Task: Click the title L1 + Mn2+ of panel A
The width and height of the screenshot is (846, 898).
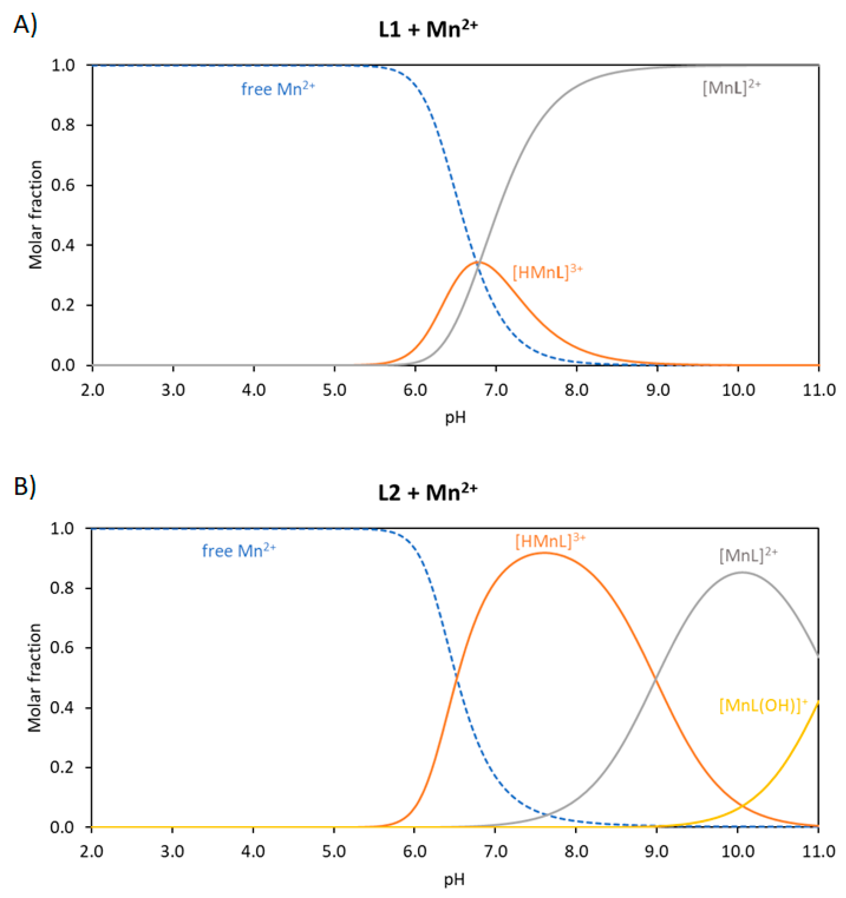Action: click(428, 30)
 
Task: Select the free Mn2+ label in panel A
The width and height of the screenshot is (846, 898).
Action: click(277, 89)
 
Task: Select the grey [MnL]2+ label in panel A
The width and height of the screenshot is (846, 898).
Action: click(731, 87)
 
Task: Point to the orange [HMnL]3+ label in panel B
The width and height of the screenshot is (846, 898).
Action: click(550, 541)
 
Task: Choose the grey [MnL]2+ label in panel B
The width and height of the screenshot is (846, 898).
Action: click(748, 555)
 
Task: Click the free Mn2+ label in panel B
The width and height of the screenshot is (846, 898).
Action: click(238, 551)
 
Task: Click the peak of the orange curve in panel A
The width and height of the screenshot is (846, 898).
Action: click(478, 262)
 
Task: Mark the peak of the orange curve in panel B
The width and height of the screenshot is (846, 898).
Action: click(544, 552)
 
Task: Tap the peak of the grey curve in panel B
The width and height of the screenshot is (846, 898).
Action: click(742, 572)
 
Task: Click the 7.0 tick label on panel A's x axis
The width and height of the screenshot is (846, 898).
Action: click(496, 390)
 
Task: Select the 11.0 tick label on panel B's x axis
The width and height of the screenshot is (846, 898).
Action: click(818, 852)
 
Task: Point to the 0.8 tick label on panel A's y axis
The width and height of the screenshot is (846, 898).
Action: click(63, 125)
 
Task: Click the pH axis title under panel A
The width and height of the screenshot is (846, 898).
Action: click(455, 418)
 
